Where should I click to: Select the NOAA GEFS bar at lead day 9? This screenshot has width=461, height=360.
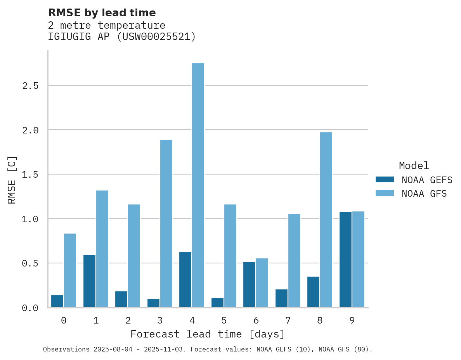(345, 260)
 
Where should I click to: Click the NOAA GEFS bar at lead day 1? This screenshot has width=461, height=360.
(89, 281)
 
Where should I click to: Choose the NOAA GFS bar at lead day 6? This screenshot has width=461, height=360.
(262, 283)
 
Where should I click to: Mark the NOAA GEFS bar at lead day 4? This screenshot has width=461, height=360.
(185, 280)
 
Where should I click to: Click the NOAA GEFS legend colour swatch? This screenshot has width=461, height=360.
(385, 180)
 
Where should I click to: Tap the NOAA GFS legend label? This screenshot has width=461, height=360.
(424, 193)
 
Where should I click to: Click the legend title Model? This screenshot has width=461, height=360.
(414, 166)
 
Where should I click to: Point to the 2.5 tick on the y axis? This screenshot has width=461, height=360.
(30, 85)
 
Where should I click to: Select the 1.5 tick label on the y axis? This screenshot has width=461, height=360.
(30, 175)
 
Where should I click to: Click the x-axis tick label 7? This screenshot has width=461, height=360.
(288, 320)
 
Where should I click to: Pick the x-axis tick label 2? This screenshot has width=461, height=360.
(128, 320)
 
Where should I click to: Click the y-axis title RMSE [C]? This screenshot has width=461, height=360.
(12, 180)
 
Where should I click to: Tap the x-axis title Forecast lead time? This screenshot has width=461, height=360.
(208, 334)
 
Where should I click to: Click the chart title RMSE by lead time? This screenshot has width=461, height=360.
(102, 13)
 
